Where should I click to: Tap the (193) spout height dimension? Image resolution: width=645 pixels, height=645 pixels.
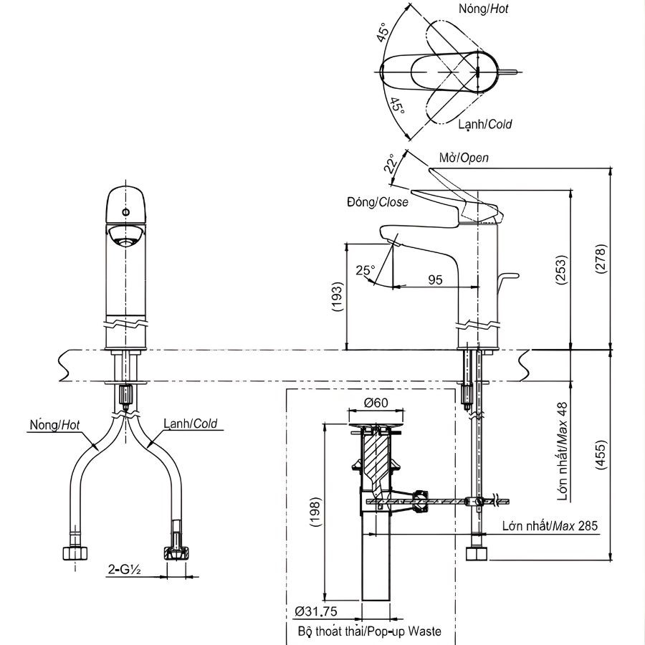point(338,297)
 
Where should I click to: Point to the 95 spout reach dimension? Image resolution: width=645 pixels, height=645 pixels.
point(435,279)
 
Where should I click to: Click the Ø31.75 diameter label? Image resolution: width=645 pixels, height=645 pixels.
point(316,611)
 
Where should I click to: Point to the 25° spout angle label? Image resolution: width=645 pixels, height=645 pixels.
point(365,270)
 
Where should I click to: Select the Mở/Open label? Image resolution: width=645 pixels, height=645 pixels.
point(463,158)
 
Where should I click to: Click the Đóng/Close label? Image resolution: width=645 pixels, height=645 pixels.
point(376,202)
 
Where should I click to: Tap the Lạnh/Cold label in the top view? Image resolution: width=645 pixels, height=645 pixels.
point(485,124)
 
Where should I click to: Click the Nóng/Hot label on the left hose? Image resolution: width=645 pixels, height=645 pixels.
point(54,424)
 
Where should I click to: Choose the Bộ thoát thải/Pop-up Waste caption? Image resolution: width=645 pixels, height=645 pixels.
point(369,631)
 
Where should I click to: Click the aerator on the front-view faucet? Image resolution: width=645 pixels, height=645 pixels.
point(125,237)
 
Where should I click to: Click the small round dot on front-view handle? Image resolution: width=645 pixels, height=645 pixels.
point(126,213)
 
